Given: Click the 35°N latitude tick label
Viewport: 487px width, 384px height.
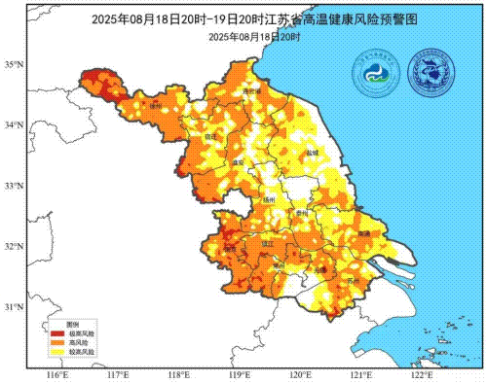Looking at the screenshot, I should (x=14, y=65).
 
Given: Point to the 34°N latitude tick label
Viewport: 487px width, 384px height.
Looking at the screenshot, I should (x=14, y=125).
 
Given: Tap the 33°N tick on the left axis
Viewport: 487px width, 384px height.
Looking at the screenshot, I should (x=14, y=186).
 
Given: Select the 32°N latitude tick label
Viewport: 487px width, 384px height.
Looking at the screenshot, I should (x=14, y=247).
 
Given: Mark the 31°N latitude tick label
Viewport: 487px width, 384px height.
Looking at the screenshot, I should (x=14, y=307).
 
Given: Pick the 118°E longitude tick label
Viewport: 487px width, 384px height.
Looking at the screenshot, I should (x=178, y=374).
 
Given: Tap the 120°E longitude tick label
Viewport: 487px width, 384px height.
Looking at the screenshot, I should (x=300, y=374).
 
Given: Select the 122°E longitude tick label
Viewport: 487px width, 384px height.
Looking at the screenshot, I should (x=421, y=374).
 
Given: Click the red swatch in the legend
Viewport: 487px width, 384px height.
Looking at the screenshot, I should (x=57, y=333).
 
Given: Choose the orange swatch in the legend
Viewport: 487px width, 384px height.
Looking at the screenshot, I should (x=57, y=343).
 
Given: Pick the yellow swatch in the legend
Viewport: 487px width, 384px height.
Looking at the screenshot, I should (x=57, y=353).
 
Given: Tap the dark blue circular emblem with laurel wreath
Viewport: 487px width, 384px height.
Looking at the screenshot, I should (x=431, y=73).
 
